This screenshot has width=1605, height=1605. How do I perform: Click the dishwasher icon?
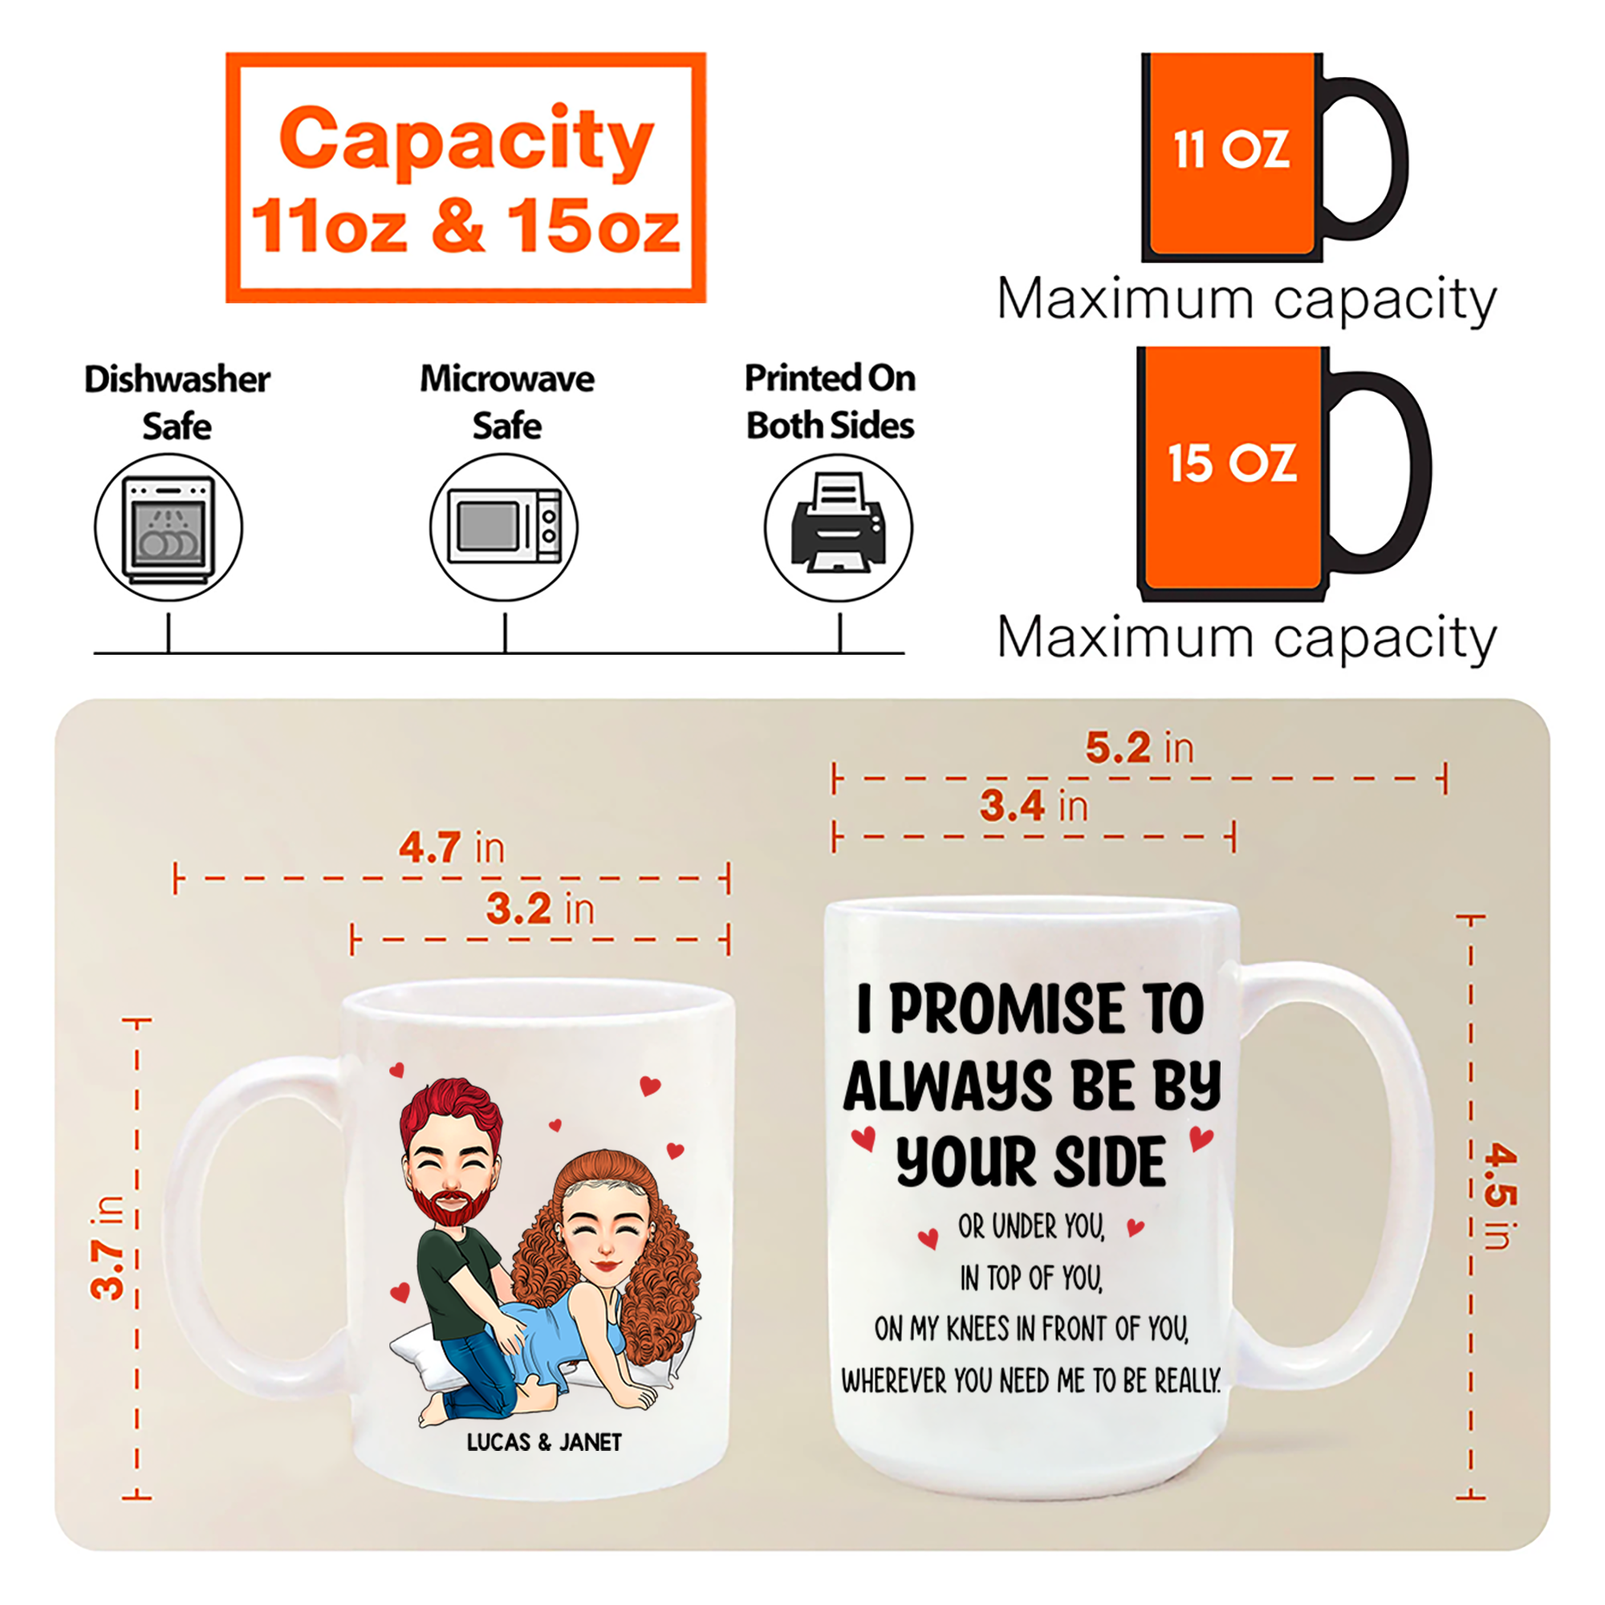coord(169,528)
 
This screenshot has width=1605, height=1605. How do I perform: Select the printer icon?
coord(839,522)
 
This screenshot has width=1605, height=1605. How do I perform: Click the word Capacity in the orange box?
coord(466,138)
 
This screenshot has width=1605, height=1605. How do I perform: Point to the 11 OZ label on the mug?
coord(1231,150)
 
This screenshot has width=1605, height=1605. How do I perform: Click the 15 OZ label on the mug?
coord(1232,463)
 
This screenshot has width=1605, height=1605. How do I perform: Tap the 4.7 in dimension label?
coord(452,847)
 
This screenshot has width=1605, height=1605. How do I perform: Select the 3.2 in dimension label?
coord(541,908)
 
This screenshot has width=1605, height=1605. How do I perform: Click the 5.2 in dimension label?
coord(1140,747)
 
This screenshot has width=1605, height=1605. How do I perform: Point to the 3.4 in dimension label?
coord(1034,805)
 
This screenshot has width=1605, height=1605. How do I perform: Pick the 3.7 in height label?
coord(108,1248)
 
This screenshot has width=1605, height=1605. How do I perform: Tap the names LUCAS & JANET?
coord(544,1442)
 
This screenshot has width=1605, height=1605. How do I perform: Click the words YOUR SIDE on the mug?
coord(1031,1161)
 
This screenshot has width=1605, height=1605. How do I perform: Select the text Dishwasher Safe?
coord(177,403)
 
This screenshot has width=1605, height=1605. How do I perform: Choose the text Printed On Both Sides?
coord(830,402)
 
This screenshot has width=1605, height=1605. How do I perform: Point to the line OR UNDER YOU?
coord(1031,1226)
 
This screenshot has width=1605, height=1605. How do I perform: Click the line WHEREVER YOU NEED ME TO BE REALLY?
coord(1031,1382)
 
